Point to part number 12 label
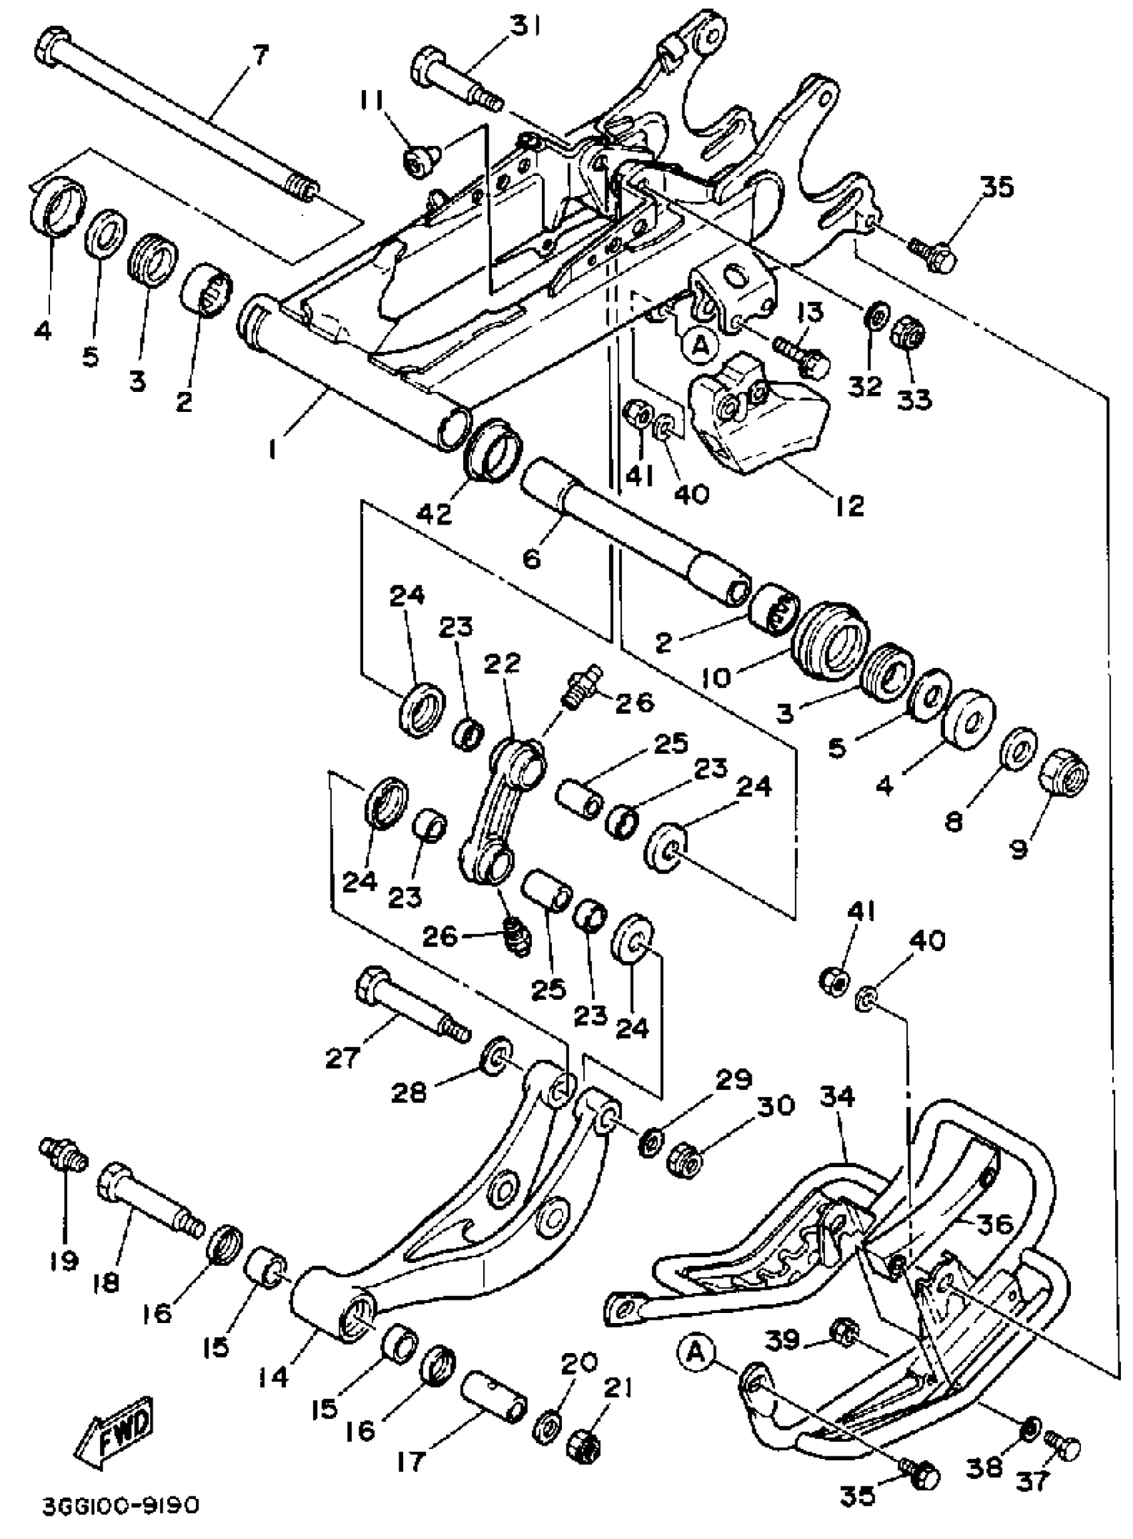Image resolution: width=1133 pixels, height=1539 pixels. tap(849, 505)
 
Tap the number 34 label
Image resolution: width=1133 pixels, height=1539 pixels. tap(836, 1096)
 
